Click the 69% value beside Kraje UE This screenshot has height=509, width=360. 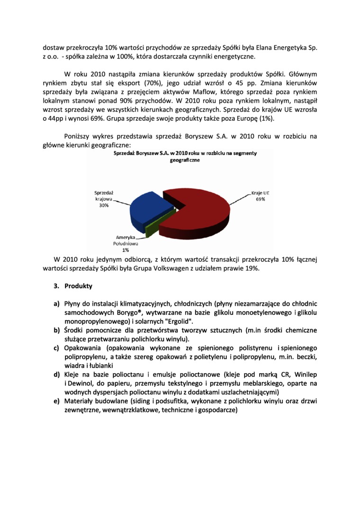click(x=260, y=200)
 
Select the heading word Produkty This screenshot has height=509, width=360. click(x=78, y=286)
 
